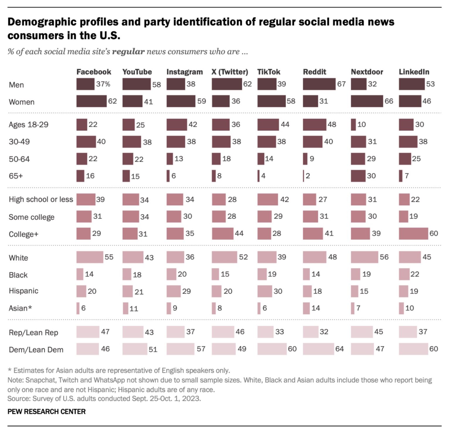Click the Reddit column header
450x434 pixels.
coord(314,72)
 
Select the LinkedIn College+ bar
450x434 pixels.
coord(413,233)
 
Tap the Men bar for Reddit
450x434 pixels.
coord(319,84)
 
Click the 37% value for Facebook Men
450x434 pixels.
coord(103,84)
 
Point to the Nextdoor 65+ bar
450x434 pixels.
coord(358,176)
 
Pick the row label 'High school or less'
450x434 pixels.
coord(41,199)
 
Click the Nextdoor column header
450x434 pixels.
coord(367,72)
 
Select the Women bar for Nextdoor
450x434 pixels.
coord(367,101)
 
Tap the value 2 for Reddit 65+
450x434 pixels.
coord(308,176)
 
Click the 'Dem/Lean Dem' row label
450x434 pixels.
coord(36,350)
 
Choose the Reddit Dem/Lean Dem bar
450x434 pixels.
coord(318,349)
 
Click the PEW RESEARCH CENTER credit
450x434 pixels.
coord(47,412)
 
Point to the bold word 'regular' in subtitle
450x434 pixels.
coord(128,52)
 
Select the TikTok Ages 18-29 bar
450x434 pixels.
coord(268,125)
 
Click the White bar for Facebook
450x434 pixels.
coord(90,257)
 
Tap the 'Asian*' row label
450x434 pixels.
coord(20,308)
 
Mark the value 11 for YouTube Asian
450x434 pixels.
coord(134,308)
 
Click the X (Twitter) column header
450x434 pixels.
coord(230,72)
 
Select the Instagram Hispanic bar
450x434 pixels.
coord(173,291)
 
